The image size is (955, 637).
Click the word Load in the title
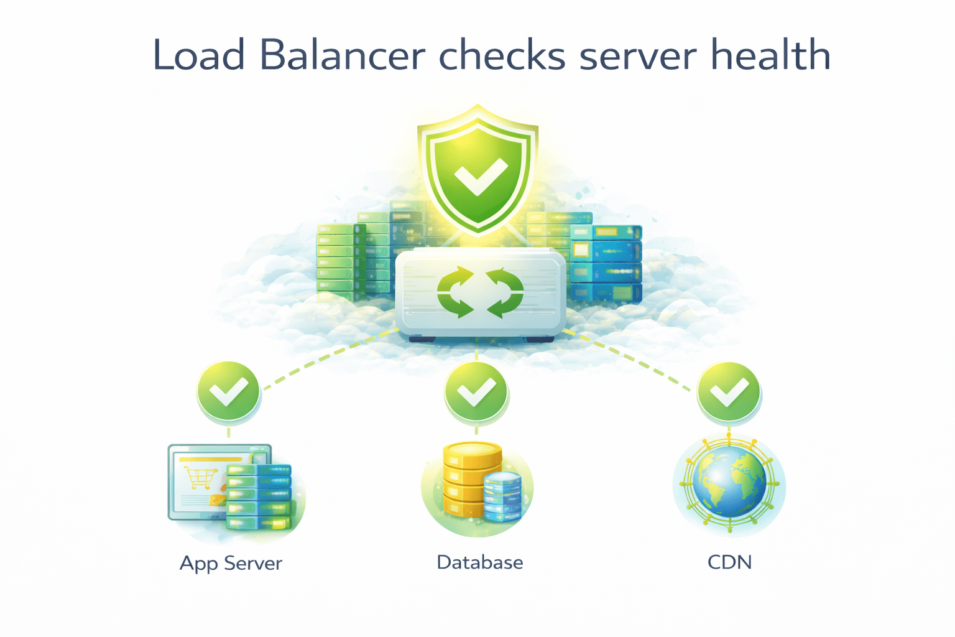[198, 55]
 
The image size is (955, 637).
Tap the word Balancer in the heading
[343, 55]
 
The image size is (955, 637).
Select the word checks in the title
[502, 55]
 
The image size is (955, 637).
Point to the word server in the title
[638, 55]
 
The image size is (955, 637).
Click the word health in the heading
[770, 55]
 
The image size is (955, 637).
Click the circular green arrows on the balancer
[480, 292]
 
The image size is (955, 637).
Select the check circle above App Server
[228, 392]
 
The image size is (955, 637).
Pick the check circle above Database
[476, 392]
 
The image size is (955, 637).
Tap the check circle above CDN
[729, 392]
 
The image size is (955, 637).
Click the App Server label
[231, 563]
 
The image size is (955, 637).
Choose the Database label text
[479, 562]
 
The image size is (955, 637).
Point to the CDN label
[729, 562]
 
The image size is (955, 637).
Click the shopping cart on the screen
[200, 477]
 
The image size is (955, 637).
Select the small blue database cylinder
[502, 496]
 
